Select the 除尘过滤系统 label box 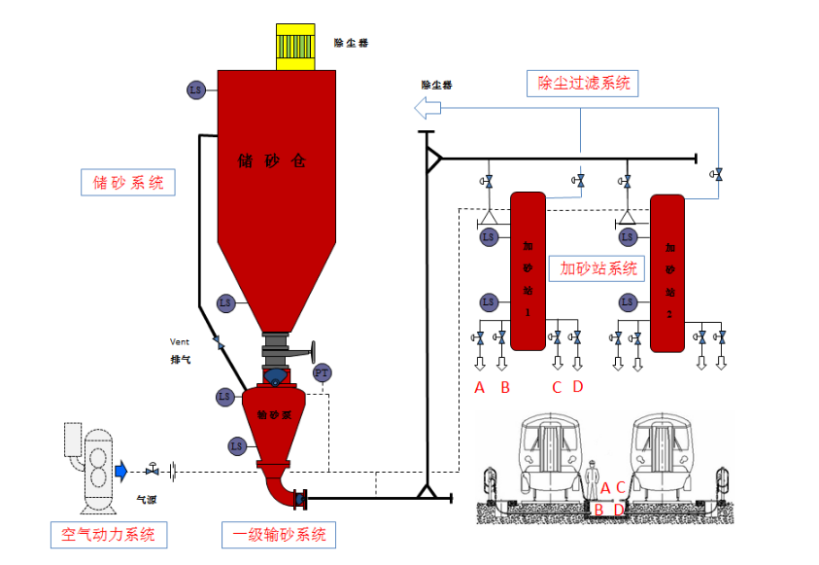coord(583,84)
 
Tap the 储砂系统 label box coord(127,182)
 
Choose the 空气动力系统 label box coord(108,535)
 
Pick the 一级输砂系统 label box coord(279,535)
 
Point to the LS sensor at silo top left coord(195,90)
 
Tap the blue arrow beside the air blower coord(121,472)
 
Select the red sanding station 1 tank coord(528,270)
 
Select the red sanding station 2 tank coord(667,272)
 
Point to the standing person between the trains coord(592,482)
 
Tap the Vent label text coord(180,341)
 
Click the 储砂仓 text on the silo coord(272,161)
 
